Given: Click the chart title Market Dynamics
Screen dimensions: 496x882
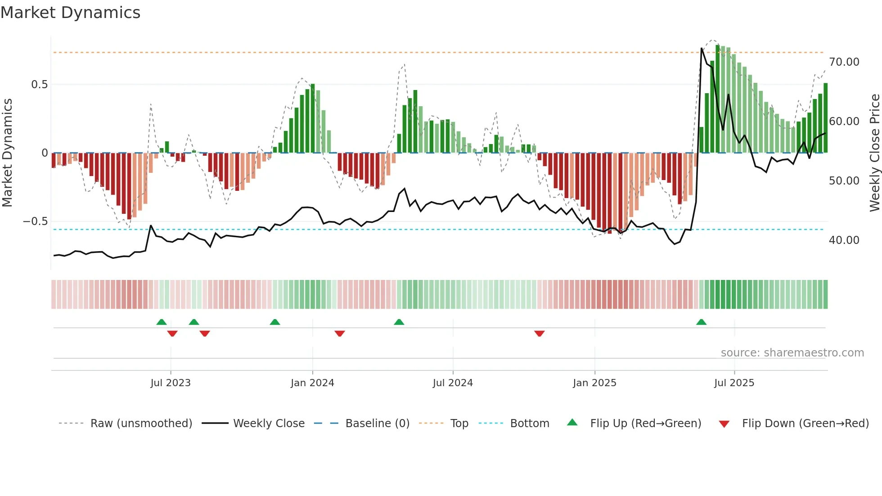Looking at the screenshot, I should pyautogui.click(x=71, y=13).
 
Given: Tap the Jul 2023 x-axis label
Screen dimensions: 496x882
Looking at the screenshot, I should pyautogui.click(x=171, y=383).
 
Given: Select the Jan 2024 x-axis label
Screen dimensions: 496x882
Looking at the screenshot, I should pyautogui.click(x=312, y=383).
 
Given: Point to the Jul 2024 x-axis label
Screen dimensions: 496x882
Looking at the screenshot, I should pyautogui.click(x=453, y=383).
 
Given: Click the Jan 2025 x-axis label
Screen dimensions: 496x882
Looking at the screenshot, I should pyautogui.click(x=594, y=383).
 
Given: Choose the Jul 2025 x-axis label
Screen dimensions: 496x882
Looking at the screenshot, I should pyautogui.click(x=734, y=383).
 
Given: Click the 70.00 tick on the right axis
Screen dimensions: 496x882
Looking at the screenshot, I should pyautogui.click(x=844, y=62).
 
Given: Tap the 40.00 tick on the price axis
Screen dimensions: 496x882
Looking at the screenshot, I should pyautogui.click(x=844, y=240).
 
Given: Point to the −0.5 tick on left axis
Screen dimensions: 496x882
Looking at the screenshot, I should pyautogui.click(x=35, y=221).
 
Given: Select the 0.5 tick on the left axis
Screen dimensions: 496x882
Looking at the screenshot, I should pyautogui.click(x=39, y=85).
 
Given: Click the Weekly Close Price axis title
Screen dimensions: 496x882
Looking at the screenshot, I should pyautogui.click(x=874, y=153).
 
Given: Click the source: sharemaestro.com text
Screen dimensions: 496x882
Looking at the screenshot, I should pyautogui.click(x=792, y=353).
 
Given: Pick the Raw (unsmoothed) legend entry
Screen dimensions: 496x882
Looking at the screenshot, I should pyautogui.click(x=141, y=424).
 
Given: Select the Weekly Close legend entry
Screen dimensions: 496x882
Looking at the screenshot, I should pyautogui.click(x=269, y=424).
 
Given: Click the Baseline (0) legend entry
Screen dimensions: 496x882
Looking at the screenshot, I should pyautogui.click(x=377, y=424).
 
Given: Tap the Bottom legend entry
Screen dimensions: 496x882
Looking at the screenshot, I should pyautogui.click(x=529, y=424).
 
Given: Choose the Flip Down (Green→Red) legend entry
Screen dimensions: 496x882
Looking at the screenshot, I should pyautogui.click(x=805, y=424).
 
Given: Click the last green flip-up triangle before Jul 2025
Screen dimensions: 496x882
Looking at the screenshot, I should pyautogui.click(x=701, y=322).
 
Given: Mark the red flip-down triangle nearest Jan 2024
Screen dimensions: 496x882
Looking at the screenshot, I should pyautogui.click(x=340, y=334).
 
